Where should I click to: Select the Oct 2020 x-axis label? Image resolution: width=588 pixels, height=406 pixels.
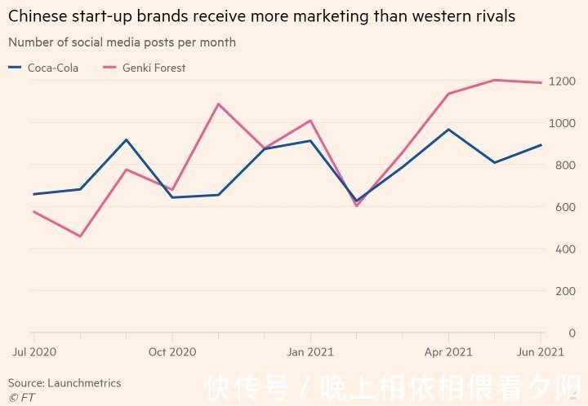[x=172, y=352]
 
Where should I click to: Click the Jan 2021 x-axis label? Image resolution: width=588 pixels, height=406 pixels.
[x=310, y=352]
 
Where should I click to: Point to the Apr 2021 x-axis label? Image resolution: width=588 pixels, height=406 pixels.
[x=448, y=352]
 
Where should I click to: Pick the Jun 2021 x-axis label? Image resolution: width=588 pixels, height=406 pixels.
[x=540, y=352]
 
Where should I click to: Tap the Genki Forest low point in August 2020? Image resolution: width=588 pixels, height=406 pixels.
[x=80, y=236]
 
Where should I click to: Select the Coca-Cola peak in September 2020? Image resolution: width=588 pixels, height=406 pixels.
[x=126, y=139]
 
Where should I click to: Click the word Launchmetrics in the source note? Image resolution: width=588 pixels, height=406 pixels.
[x=84, y=383]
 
